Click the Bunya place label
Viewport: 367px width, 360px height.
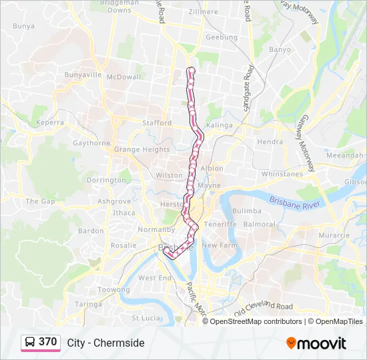(23, 26)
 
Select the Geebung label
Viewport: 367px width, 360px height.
(222, 37)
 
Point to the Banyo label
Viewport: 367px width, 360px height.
(280, 49)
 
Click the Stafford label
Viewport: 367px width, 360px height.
(157, 123)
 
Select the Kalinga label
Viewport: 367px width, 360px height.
(219, 125)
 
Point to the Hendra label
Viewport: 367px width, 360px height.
(270, 142)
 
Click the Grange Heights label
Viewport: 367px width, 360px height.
(141, 150)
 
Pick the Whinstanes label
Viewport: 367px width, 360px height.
(282, 174)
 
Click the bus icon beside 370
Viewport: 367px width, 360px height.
(30, 342)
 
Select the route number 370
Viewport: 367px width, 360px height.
(48, 342)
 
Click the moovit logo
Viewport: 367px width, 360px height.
(316, 343)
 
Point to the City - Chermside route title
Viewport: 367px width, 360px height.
(105, 343)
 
